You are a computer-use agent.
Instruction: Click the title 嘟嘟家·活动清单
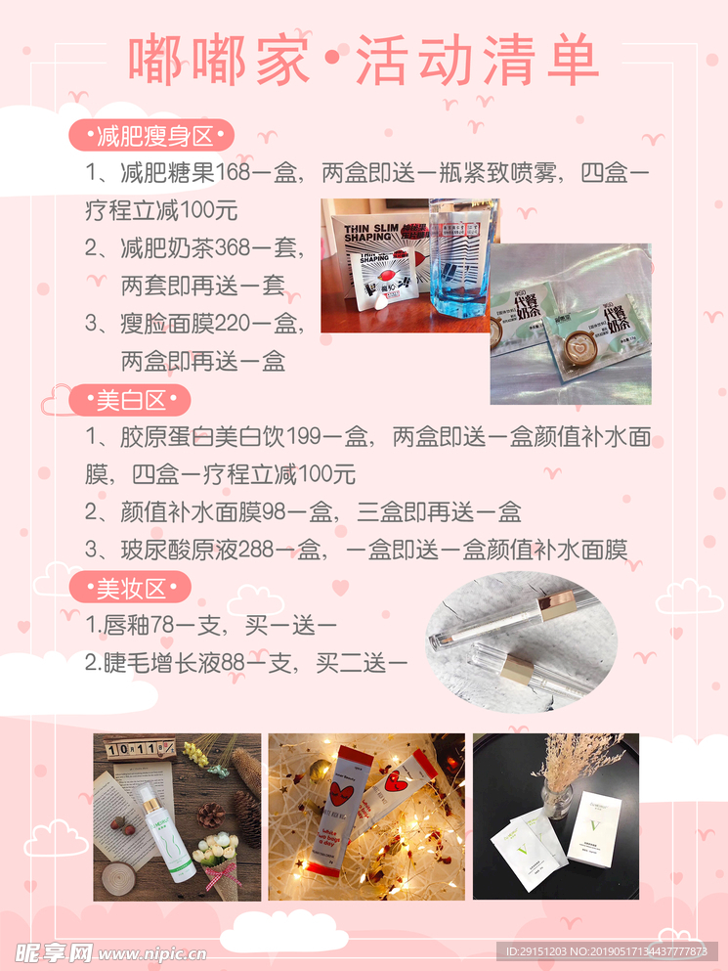click(x=364, y=61)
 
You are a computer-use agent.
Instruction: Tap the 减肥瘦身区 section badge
click(x=151, y=135)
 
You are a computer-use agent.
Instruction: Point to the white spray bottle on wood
click(x=162, y=831)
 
